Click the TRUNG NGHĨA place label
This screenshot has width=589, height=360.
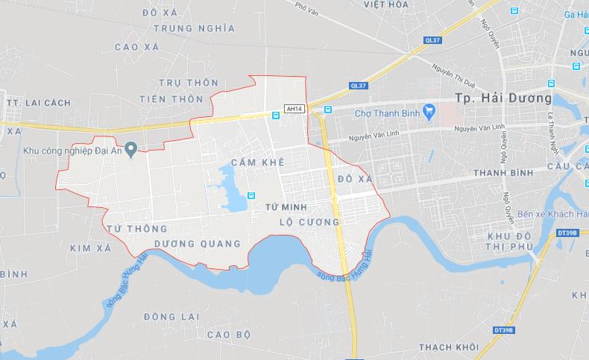pyautogui.click(x=194, y=28)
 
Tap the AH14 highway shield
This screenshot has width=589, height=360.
pyautogui.click(x=294, y=110)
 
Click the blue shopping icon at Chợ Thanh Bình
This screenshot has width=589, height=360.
pyautogui.click(x=428, y=112)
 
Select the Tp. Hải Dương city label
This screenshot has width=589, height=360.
pyautogui.click(x=503, y=98)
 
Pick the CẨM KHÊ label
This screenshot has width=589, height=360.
pyautogui.click(x=258, y=162)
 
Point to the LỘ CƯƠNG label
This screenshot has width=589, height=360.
pyautogui.click(x=308, y=222)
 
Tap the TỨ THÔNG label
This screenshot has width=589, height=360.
pyautogui.click(x=136, y=227)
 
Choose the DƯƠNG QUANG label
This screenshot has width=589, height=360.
pyautogui.click(x=198, y=244)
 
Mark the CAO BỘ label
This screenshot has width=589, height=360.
pyautogui.click(x=230, y=333)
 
